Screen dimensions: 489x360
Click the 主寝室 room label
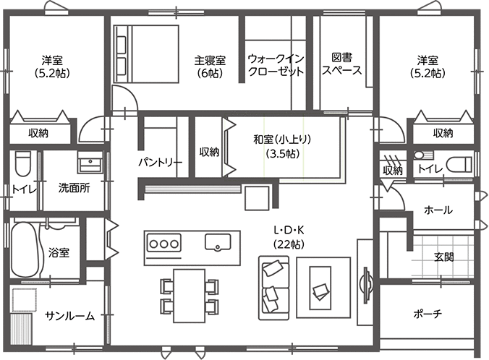[210, 60]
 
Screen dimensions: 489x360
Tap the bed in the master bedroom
[146, 54]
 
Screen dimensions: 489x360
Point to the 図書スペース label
[342, 64]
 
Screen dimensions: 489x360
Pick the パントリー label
[161, 162]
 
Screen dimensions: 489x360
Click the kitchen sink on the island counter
[218, 242]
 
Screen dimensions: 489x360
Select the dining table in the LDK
[190, 296]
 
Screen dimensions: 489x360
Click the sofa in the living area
[274, 288]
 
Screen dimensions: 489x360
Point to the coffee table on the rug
[320, 288]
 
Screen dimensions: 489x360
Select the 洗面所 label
[75, 188]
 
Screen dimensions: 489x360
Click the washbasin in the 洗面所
[90, 162]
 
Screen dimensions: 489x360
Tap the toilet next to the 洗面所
[23, 163]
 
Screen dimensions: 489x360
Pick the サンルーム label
[70, 316]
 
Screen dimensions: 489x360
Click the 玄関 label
[443, 257]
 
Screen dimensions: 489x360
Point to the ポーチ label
[428, 314]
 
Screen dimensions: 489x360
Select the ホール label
[438, 210]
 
